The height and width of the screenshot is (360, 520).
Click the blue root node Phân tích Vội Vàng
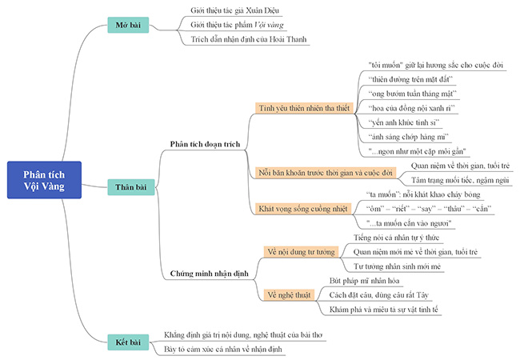tap(45, 181)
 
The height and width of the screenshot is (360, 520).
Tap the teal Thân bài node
tap(129, 186)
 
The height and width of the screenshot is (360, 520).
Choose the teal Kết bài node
tap(128, 342)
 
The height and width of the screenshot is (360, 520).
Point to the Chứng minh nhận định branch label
tap(210, 274)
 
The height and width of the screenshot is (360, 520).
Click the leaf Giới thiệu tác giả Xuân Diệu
tap(236, 11)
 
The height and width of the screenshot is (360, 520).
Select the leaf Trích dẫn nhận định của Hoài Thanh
tap(249, 38)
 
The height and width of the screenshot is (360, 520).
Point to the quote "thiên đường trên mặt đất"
tap(412, 79)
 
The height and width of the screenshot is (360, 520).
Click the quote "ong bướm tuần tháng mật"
tap(413, 94)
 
